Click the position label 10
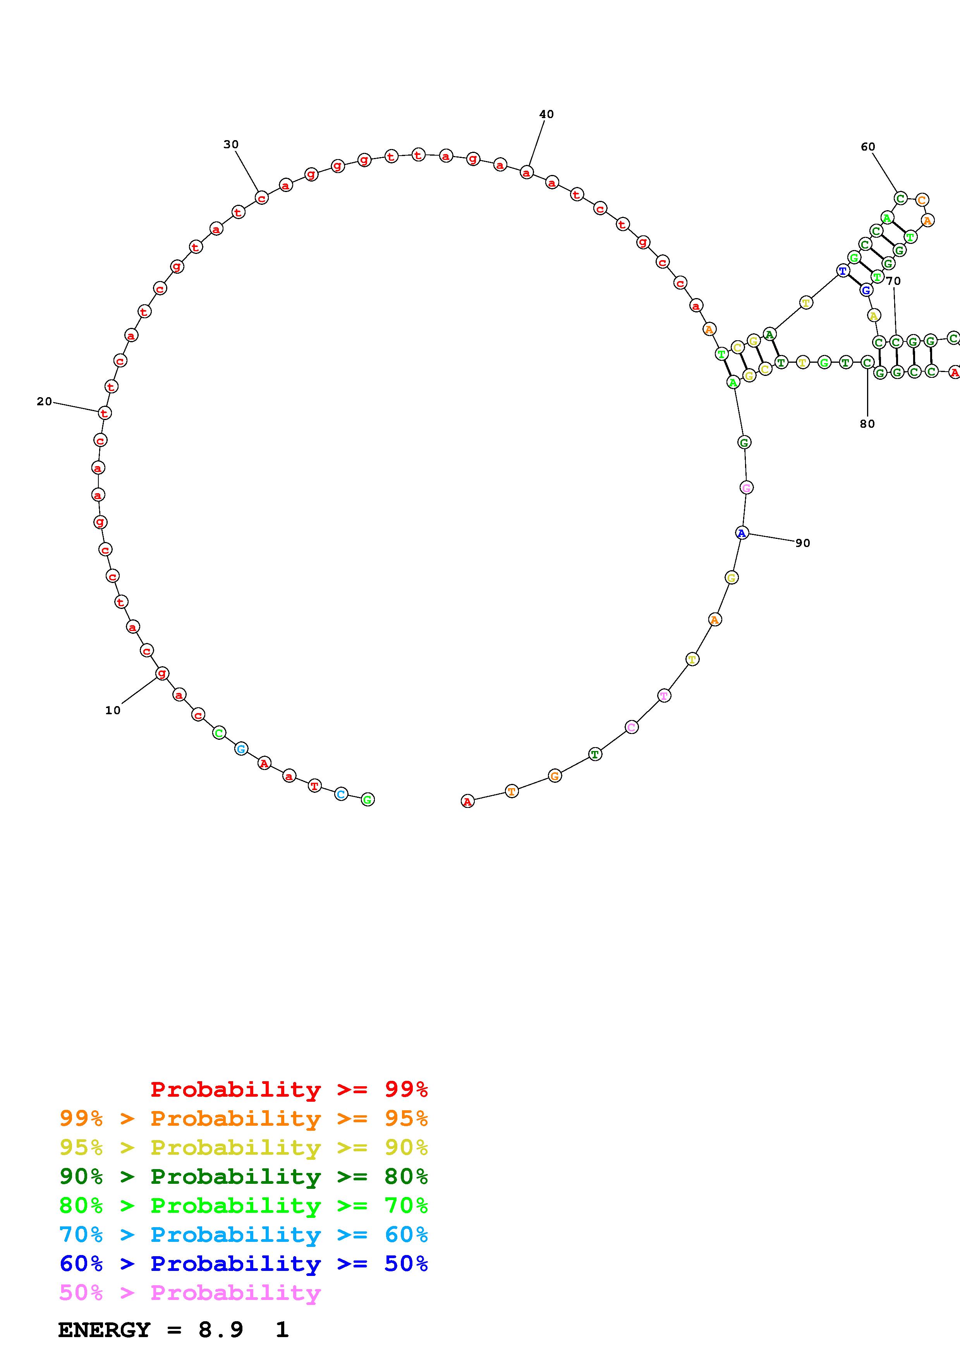[x=112, y=710]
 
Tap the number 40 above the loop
[x=546, y=114]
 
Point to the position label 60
[x=868, y=147]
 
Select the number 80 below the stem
[x=867, y=424]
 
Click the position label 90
[x=803, y=543]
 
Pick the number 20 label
[x=45, y=401]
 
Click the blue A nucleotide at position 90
[x=742, y=533]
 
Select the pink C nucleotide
[x=632, y=727]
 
